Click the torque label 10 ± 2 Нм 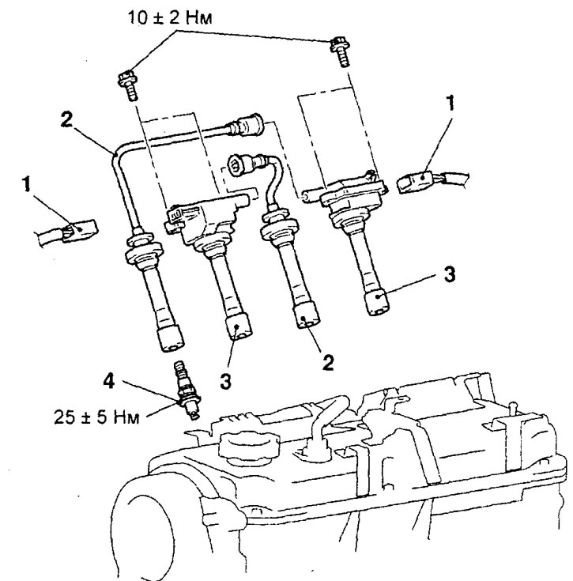pos(170,17)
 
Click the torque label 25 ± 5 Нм pos(96,417)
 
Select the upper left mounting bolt pos(129,85)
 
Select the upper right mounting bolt pos(341,51)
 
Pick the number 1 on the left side pos(26,184)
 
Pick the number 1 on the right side pos(450,104)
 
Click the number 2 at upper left pos(66,119)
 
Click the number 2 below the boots pos(328,362)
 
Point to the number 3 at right pos(450,274)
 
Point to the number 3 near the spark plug pos(225,381)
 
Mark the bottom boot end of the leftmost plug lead pos(171,338)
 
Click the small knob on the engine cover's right pos(513,408)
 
